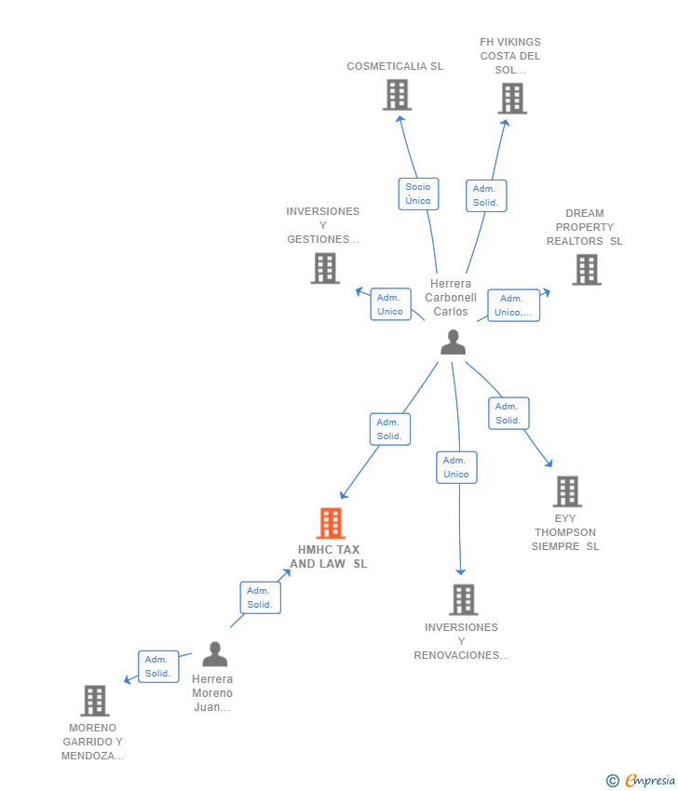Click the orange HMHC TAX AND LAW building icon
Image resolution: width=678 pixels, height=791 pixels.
tap(331, 524)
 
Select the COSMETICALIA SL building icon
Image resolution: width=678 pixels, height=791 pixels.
tap(397, 95)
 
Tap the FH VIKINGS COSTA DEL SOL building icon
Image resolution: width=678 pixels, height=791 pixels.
tap(511, 99)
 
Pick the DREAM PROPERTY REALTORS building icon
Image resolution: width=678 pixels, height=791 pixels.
tap(586, 270)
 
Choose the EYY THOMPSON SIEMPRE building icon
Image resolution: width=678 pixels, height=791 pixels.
tap(566, 491)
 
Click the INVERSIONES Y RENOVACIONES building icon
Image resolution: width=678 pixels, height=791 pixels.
tap(463, 600)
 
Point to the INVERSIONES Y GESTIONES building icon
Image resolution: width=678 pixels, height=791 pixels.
tap(325, 269)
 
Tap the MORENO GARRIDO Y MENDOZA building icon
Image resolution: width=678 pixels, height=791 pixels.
tap(94, 701)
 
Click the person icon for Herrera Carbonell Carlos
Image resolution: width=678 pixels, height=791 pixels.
tap(453, 342)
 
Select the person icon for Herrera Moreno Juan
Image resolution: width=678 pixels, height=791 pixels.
tap(215, 655)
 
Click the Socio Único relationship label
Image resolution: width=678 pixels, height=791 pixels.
tap(418, 194)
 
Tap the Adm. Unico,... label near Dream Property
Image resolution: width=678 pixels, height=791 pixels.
tap(513, 305)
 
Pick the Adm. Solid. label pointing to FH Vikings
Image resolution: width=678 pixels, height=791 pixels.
tap(485, 195)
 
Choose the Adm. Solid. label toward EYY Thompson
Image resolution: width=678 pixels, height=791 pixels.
tap(508, 413)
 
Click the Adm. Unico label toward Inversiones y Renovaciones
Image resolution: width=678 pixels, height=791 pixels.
tap(456, 467)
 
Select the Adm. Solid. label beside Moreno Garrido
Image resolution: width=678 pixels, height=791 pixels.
tap(158, 666)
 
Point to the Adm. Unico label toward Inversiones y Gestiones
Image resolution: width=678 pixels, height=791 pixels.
tap(390, 304)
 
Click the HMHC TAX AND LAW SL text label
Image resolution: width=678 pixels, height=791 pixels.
tap(329, 556)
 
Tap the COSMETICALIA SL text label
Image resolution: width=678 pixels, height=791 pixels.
tap(395, 66)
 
